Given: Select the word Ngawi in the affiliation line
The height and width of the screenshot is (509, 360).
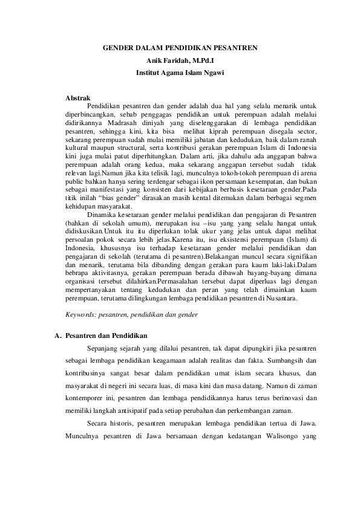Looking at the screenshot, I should click(x=214, y=73).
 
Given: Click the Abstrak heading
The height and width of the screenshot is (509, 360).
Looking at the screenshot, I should click(x=78, y=97).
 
